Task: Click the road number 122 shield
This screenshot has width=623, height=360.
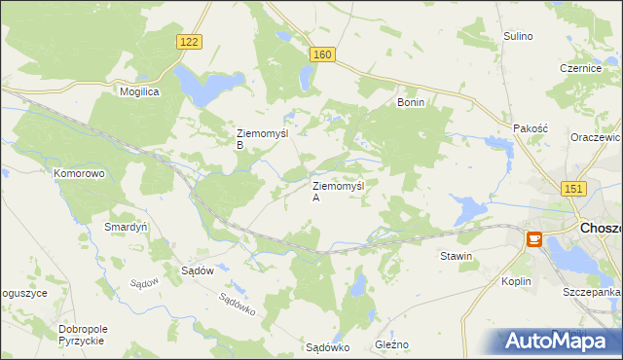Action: coord(190,41)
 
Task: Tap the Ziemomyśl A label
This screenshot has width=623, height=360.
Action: coord(337,191)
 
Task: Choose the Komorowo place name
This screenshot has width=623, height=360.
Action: coord(79,173)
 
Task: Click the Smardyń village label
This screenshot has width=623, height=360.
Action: coord(125,227)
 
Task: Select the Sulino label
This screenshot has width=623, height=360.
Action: coord(518,36)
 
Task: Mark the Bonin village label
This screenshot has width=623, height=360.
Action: coord(411,101)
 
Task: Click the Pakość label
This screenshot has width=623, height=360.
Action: coord(531,128)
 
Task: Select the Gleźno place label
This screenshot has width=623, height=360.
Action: coord(391,345)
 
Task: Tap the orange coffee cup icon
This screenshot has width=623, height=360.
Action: coord(533,239)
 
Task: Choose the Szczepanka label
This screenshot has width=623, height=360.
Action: coord(591,292)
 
